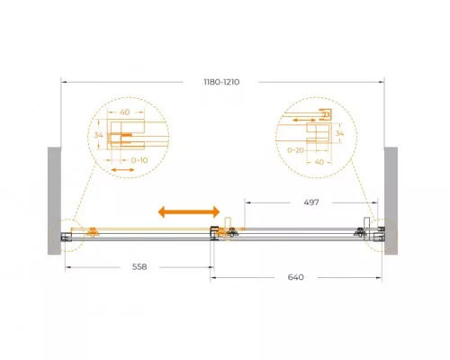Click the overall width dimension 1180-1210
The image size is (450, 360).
221,82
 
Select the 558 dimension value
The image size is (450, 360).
139,266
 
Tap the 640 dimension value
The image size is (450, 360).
296,277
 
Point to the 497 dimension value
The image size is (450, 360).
311,202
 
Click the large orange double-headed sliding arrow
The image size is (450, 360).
189,211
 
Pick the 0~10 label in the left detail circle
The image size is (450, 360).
139,160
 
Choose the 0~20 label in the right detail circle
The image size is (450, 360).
296,150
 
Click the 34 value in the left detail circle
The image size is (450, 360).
98,135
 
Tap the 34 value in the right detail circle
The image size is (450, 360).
339,133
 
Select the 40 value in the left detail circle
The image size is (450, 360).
125,112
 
